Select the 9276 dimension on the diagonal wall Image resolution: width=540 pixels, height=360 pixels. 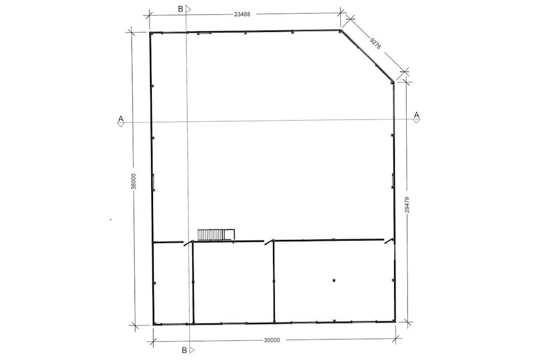375,43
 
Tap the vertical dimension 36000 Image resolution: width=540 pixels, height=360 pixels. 134,182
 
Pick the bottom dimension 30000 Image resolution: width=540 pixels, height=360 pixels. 272,340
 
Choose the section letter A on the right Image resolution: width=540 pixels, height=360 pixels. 416,115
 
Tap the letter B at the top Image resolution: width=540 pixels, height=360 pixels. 180,9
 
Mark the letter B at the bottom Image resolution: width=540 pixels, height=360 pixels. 183,349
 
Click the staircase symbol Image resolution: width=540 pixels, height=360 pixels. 215,234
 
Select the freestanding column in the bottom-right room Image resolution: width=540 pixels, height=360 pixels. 334,280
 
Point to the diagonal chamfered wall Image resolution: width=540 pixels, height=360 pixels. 367,55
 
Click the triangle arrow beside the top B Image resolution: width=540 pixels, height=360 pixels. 188,9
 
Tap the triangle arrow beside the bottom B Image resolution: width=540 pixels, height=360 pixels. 191,349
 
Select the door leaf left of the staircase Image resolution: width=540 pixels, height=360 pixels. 188,242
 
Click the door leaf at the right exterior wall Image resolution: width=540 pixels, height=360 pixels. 389,241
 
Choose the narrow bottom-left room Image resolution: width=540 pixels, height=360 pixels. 173,282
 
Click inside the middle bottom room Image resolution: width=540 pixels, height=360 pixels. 233,282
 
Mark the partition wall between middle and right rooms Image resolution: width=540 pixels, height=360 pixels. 274,282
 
